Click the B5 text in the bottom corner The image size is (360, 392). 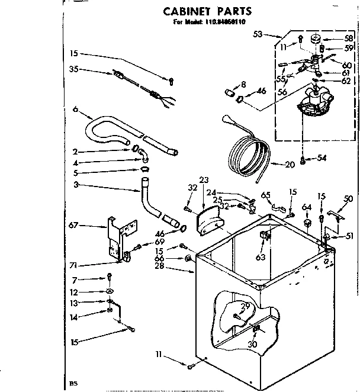73,384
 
